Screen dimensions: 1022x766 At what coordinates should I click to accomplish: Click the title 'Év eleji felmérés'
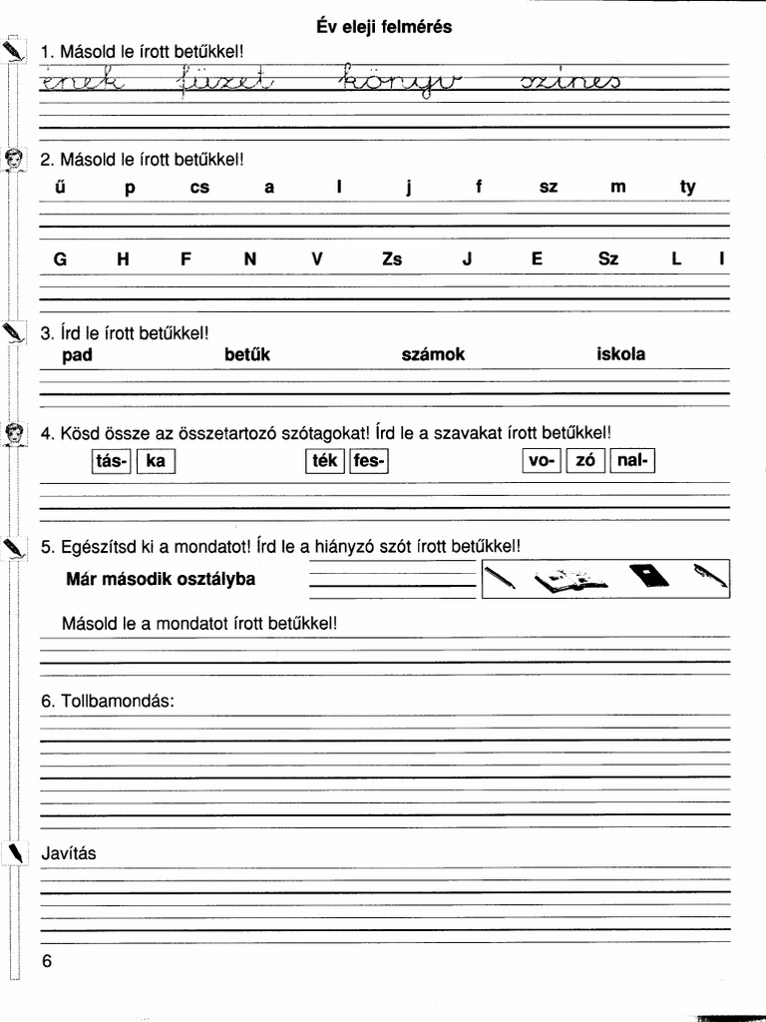[383, 27]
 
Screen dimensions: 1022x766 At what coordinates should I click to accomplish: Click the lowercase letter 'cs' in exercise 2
[199, 187]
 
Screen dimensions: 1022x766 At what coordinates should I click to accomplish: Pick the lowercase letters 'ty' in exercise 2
[688, 187]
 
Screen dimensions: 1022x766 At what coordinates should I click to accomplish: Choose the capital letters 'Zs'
[392, 258]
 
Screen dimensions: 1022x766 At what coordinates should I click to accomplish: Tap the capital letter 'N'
[250, 258]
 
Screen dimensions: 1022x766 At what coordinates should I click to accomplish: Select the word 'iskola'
[620, 354]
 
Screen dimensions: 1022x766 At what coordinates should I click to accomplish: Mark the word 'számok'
[433, 354]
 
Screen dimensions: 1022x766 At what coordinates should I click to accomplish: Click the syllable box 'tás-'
[111, 461]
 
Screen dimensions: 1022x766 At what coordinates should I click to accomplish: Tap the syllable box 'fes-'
[368, 461]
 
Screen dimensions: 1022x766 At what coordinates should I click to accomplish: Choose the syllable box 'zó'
[585, 461]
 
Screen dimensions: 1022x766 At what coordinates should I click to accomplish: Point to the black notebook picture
[647, 577]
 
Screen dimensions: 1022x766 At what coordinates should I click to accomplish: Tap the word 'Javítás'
[69, 854]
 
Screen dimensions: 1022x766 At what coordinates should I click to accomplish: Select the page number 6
[47, 961]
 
